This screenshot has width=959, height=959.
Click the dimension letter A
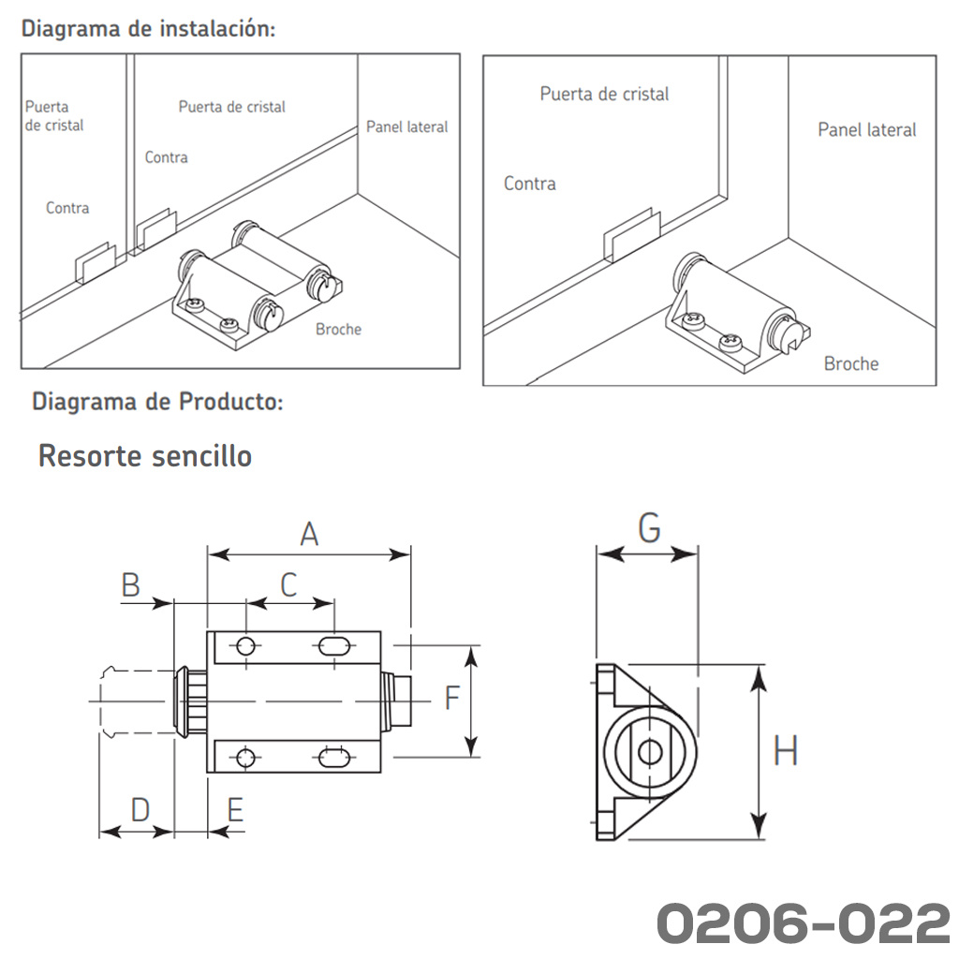309,534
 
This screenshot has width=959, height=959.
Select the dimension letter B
131,585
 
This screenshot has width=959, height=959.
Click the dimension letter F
451,698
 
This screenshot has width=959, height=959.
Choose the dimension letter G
648,529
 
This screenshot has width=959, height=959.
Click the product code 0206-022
803,923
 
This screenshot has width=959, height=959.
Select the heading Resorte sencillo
145,456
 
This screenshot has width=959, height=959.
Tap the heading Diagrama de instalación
149,28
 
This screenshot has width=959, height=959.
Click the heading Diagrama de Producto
157,403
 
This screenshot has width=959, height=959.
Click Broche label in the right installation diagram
850,363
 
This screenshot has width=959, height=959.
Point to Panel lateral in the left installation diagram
406,126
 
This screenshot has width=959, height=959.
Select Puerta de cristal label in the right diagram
604,94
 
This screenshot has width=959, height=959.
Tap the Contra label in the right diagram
529,184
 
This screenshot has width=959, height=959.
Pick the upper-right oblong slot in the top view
333,645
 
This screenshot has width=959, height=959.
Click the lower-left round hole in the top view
246,757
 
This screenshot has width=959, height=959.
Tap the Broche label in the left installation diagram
338,329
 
